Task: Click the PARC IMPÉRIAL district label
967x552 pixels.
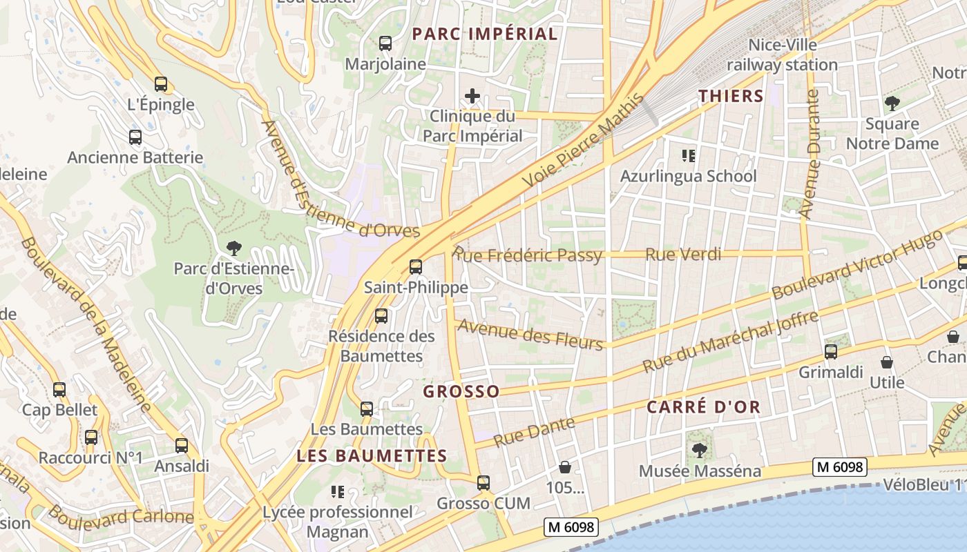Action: [484, 34]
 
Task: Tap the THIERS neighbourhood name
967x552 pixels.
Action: [731, 96]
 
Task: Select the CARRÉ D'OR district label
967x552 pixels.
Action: [703, 407]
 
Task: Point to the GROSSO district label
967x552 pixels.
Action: [461, 392]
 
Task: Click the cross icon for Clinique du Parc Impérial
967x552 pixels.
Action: [472, 96]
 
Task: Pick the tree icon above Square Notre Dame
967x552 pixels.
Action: [892, 104]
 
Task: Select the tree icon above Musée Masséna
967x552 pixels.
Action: [699, 451]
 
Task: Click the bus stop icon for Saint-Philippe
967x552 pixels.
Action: [416, 267]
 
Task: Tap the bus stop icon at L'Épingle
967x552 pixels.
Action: [161, 84]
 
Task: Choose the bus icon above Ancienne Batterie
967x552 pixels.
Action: [135, 137]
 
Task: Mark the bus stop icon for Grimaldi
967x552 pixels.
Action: [831, 352]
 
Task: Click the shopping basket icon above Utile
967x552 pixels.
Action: [887, 362]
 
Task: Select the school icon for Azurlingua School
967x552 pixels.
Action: [688, 156]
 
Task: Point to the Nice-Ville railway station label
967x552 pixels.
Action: [782, 55]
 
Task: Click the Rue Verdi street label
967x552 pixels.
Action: [683, 255]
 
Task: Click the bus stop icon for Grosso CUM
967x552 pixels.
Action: [483, 483]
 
